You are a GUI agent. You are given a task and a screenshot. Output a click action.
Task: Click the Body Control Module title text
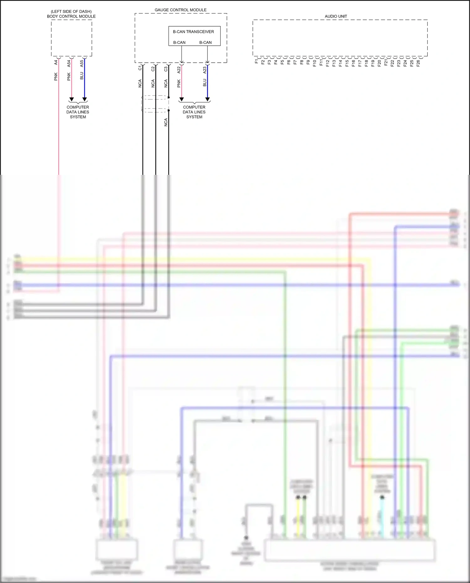pos(71,16)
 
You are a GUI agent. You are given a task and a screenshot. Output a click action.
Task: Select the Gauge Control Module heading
pos(180,10)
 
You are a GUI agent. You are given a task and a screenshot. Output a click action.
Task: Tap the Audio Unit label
pos(336,16)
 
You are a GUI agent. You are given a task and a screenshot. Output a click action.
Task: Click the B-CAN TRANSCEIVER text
pos(193,32)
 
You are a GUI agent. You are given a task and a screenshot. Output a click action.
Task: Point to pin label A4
pos(56,63)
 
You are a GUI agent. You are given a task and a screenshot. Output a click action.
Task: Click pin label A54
pos(69,64)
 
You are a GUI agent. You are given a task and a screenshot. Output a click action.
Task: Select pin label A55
pos(82,64)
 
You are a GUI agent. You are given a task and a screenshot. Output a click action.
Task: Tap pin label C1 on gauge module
pos(140,68)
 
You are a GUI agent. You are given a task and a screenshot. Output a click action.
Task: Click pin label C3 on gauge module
pos(166,69)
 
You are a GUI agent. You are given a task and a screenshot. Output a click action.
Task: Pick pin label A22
pos(179,70)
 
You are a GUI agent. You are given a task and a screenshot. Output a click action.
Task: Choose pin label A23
pos(205,70)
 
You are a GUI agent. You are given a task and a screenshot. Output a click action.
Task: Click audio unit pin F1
pos(256,61)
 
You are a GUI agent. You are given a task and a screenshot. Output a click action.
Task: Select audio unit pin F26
pos(418,63)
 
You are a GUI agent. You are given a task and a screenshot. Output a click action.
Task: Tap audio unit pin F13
pos(334,63)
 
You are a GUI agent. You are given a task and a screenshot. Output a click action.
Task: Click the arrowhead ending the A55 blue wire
pos(84,99)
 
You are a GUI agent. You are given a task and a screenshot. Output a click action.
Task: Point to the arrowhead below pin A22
pos(181,99)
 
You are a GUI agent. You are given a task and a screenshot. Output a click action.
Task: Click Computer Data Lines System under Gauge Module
pos(194,112)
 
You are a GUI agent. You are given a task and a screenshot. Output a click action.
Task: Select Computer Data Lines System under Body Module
pos(78,112)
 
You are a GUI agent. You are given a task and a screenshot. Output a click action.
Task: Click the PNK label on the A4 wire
pos(56,76)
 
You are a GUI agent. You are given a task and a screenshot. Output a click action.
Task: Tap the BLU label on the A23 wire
pos(205,82)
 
